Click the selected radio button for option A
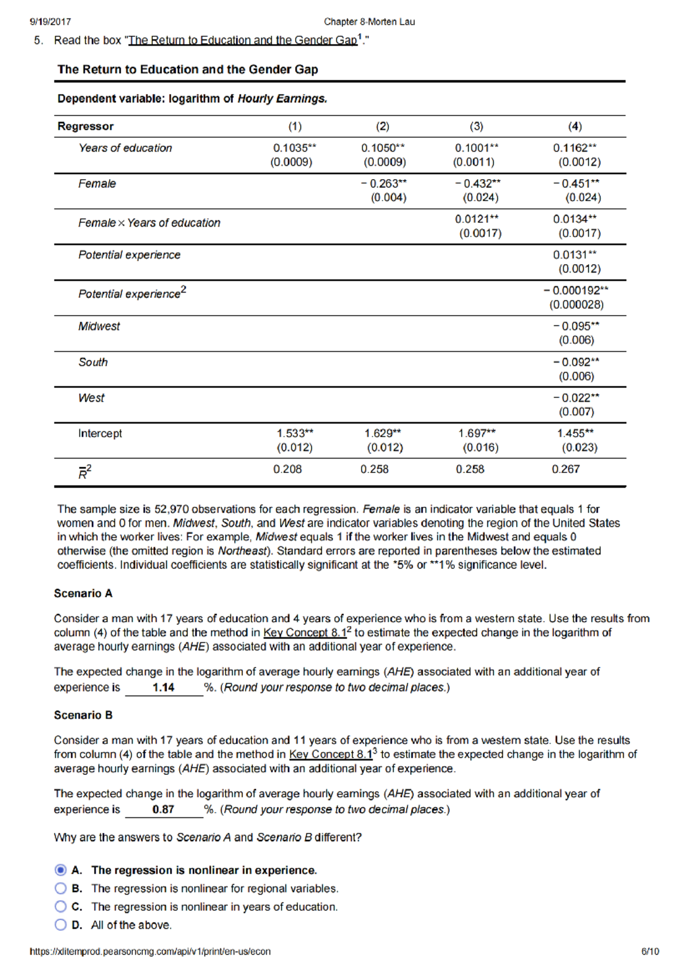pos(60,870)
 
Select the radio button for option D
pos(60,925)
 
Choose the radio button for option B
pos(60,888)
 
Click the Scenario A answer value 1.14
pos(164,688)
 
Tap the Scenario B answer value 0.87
pos(164,809)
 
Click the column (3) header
pos(476,126)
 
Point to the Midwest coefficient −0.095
pos(576,326)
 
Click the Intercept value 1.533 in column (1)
pos(295,433)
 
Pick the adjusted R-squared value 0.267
pos(566,469)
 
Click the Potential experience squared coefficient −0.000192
pos(576,290)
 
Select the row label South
pos(93,362)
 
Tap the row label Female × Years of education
pos(149,223)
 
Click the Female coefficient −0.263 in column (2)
pos(384,184)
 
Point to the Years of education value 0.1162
pos(574,148)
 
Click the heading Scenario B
pos(83,715)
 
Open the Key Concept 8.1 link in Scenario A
pos(305,632)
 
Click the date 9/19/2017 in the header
pos(51,22)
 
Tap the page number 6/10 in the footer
pos(650,951)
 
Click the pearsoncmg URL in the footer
pos(150,951)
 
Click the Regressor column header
pos(86,126)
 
